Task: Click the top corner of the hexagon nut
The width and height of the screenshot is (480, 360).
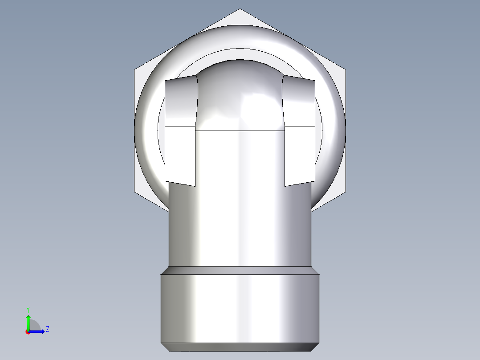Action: pyautogui.click(x=240, y=9)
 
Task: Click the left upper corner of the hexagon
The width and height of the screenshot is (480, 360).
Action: pyautogui.click(x=135, y=70)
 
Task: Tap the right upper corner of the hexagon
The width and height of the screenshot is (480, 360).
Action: pyautogui.click(x=345, y=70)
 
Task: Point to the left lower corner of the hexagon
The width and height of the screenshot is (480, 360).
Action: pyautogui.click(x=135, y=192)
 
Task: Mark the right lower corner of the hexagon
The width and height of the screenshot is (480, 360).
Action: pyautogui.click(x=345, y=192)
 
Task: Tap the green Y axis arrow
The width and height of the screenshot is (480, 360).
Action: pyautogui.click(x=28, y=320)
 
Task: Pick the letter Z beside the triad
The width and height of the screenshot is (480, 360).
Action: pyautogui.click(x=47, y=329)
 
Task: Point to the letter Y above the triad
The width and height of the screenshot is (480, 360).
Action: pyautogui.click(x=28, y=309)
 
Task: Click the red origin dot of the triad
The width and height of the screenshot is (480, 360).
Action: pyautogui.click(x=28, y=332)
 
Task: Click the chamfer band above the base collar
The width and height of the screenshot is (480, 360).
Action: pyautogui.click(x=240, y=270)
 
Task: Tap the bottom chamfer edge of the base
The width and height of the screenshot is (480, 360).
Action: pyautogui.click(x=240, y=347)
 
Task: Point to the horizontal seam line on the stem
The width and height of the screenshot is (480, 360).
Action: pyautogui.click(x=240, y=131)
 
